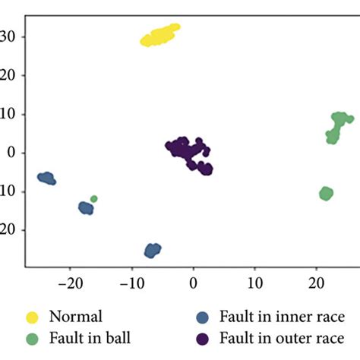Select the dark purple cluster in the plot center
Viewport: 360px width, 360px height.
click(188, 153)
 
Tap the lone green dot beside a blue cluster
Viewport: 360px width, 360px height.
click(94, 199)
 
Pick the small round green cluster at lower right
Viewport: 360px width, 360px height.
click(326, 194)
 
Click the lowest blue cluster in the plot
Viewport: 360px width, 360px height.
click(153, 250)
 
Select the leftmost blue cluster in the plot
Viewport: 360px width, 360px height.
click(47, 178)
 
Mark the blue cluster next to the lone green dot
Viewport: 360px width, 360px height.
click(86, 207)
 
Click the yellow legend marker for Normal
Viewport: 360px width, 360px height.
click(33, 315)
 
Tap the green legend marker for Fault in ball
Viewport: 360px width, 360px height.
click(33, 336)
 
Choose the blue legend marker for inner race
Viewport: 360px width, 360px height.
click(203, 315)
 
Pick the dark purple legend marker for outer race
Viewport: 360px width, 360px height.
click(203, 336)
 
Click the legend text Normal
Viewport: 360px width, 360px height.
click(74, 315)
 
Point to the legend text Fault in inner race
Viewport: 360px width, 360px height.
click(282, 315)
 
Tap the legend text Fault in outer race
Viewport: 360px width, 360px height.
click(283, 336)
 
